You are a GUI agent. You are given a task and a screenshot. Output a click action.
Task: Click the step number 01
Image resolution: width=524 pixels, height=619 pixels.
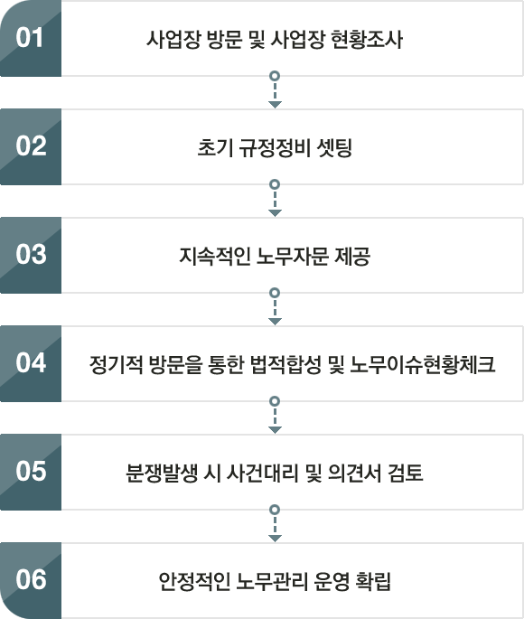pos(30,38)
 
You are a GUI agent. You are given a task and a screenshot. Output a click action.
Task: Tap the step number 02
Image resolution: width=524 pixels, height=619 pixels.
pos(32,145)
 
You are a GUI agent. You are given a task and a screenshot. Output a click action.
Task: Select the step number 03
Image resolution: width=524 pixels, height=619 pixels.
pos(32,254)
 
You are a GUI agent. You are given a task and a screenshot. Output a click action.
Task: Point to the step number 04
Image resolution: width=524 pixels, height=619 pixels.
pos(32,362)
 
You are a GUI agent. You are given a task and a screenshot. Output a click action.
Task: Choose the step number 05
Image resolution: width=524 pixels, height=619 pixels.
pos(32,471)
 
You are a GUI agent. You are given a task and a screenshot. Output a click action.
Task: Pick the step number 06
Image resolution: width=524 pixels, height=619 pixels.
pos(32,579)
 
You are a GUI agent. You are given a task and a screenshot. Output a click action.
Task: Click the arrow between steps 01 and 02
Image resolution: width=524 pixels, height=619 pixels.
pos(275,89)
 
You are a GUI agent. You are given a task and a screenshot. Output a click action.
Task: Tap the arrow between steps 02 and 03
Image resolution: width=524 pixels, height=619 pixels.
pos(275,198)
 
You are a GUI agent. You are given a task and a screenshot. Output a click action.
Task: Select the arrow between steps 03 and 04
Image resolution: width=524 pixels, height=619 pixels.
pos(275,306)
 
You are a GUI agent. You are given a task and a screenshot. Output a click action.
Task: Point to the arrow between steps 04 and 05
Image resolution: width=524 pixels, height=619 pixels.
pos(275,416)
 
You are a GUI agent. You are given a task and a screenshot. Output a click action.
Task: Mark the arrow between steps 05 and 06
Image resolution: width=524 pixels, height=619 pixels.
pos(275,524)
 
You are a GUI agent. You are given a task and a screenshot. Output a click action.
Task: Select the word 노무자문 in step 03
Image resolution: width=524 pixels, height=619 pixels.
pos(293,257)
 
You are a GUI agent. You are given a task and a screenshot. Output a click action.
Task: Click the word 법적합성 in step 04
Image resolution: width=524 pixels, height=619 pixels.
pos(285,364)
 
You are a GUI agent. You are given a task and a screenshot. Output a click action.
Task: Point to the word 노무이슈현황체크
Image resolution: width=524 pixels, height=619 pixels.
pos(423,364)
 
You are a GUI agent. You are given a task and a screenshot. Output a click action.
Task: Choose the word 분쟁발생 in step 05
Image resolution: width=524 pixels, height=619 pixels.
pos(162,473)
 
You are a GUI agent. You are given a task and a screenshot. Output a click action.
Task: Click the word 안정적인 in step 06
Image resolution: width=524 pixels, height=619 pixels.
pos(194,581)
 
